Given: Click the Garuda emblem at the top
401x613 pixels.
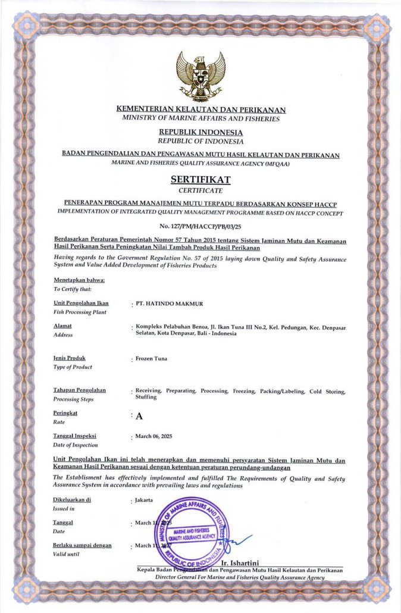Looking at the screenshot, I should [x=201, y=71].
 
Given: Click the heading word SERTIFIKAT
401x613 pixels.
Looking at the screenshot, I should [x=200, y=179].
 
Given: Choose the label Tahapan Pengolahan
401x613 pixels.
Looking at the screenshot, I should [x=80, y=389].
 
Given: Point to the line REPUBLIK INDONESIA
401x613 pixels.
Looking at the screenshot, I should [x=200, y=132].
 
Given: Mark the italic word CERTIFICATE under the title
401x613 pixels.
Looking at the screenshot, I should [x=200, y=190].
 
